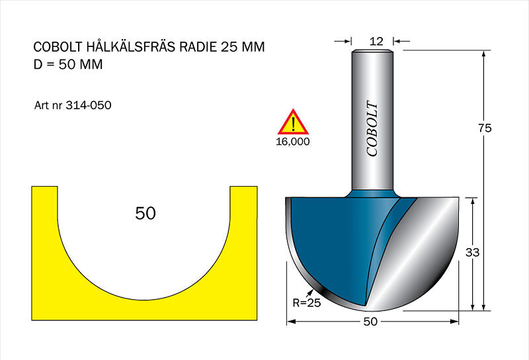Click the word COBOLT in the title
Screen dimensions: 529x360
(x=58, y=46)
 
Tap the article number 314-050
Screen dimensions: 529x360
(x=89, y=105)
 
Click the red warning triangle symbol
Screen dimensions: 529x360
(x=293, y=122)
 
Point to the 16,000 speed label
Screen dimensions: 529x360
(x=293, y=142)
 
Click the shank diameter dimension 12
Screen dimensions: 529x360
(x=376, y=41)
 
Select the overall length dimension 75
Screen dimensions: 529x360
(x=485, y=128)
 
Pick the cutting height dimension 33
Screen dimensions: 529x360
(x=472, y=252)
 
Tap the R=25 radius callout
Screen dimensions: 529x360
(x=306, y=303)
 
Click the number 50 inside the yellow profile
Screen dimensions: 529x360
(x=145, y=214)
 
